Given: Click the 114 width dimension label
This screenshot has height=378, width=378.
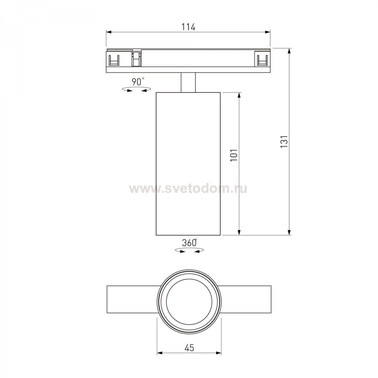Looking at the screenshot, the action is pos(188,27).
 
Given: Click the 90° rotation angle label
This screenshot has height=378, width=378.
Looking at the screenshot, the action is pos(138,82).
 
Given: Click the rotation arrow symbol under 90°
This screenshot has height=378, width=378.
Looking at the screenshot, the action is pos(136,89).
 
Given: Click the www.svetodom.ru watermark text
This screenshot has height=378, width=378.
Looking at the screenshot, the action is pos(188,188).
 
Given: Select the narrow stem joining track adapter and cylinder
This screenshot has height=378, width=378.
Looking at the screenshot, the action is pos(188,82).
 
